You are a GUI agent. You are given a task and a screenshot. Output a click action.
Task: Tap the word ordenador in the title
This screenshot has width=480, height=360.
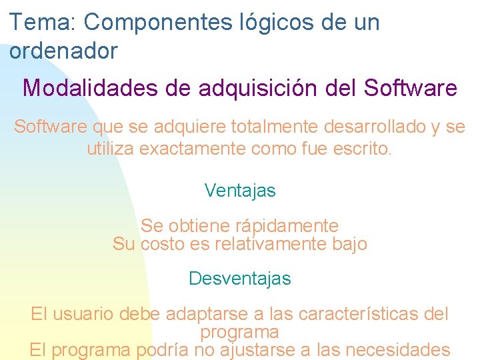(64, 51)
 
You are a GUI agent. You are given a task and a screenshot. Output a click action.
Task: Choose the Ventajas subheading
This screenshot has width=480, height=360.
(240, 191)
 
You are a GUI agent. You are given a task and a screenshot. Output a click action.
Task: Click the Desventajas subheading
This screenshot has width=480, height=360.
(240, 278)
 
